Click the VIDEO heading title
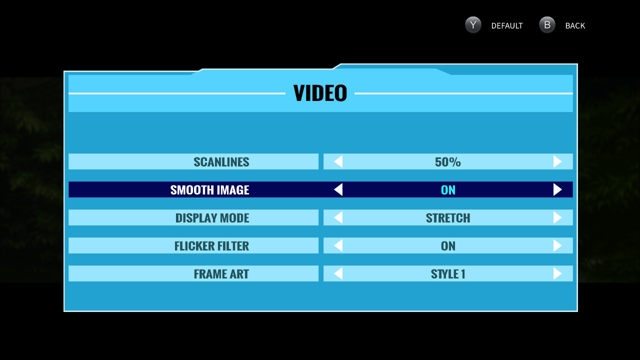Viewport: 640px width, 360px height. point(320,93)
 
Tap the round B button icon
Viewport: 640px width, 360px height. point(547,25)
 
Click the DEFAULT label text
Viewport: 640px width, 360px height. point(506,25)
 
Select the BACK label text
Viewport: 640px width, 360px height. point(575,25)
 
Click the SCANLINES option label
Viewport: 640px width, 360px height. point(221,161)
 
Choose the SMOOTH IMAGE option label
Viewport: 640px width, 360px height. point(209,189)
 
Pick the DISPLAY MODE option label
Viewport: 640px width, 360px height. point(212,217)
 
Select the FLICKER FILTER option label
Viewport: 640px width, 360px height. point(211,245)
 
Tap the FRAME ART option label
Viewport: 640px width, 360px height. point(221,273)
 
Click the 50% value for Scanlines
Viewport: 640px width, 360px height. point(447,161)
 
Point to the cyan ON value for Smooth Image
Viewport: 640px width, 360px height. point(448,189)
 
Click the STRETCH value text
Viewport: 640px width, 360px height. point(448,217)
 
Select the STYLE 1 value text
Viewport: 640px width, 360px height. point(448,273)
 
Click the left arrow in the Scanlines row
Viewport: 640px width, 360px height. point(338,161)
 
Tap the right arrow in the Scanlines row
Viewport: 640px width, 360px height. point(557,161)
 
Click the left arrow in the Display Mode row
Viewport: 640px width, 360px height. point(338,217)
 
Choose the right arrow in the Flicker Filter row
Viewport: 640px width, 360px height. point(557,245)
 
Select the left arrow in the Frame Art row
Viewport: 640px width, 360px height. point(338,273)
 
